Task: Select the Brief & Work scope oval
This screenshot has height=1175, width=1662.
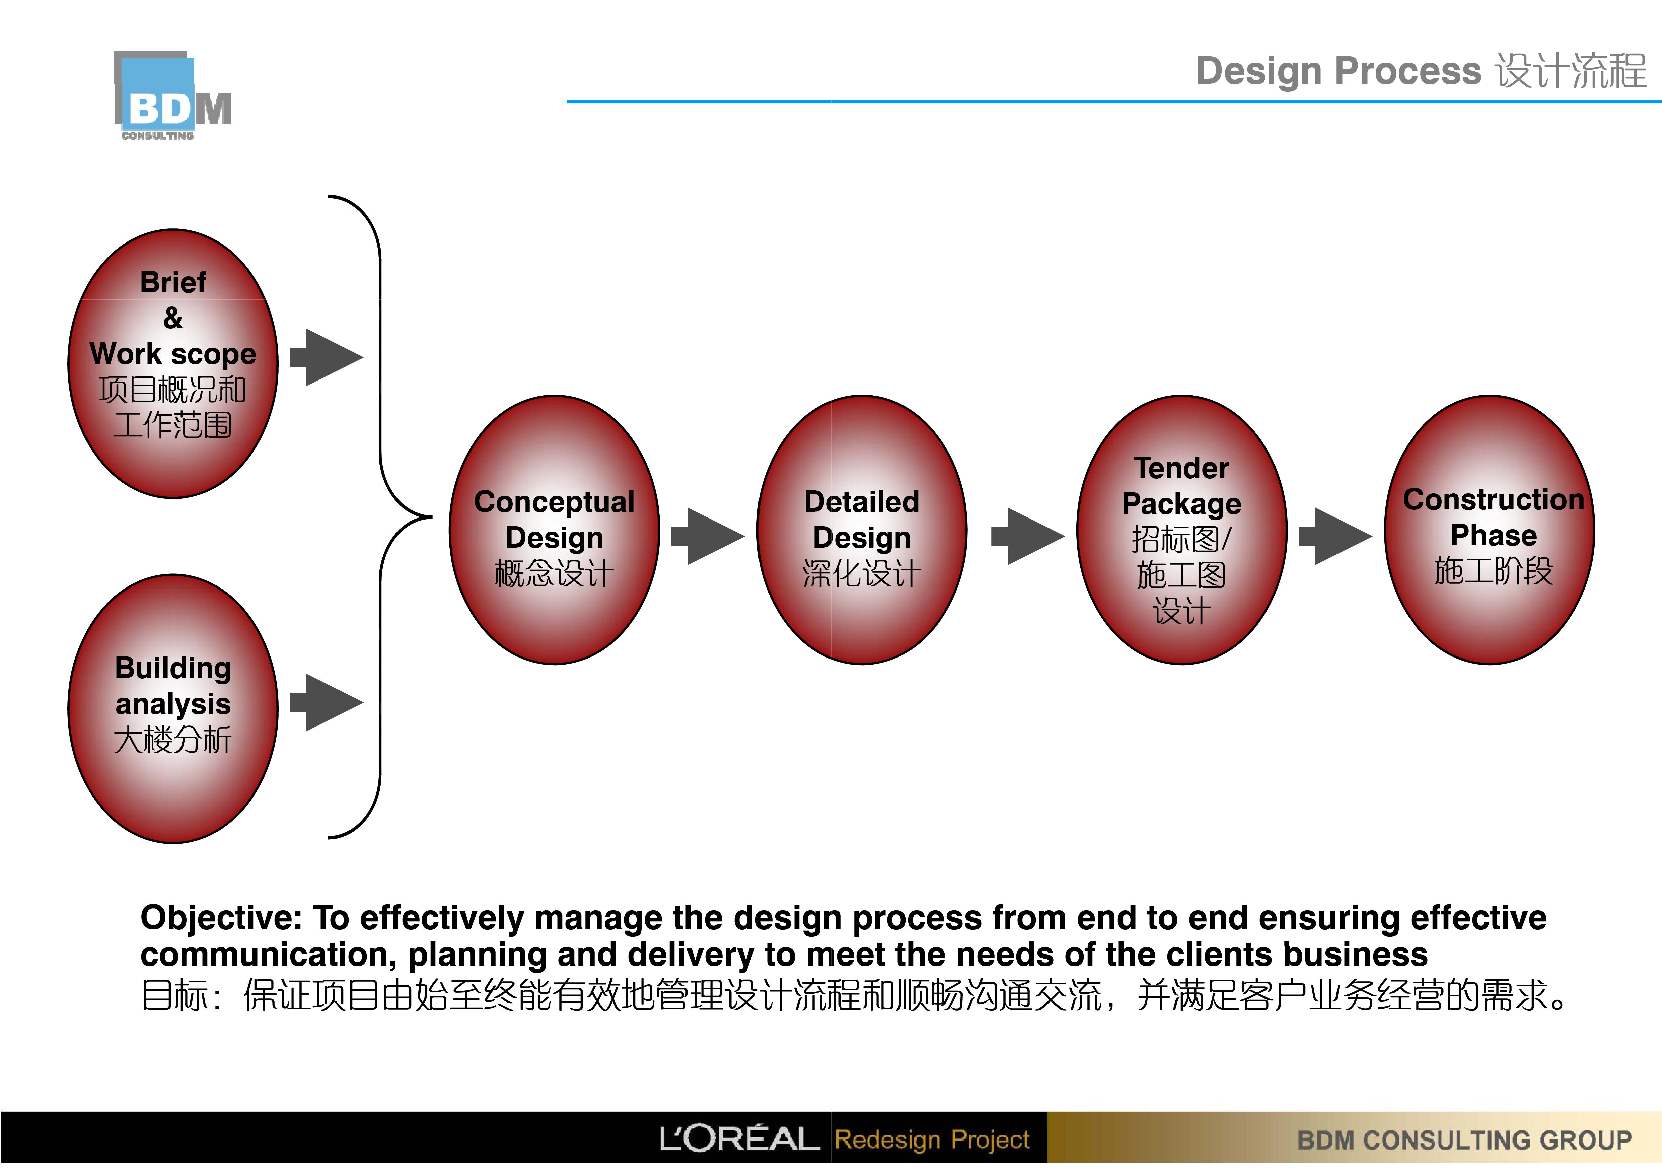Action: click(x=173, y=363)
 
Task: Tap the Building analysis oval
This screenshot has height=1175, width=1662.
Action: click(x=173, y=709)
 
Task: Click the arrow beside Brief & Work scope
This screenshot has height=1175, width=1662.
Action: click(x=327, y=357)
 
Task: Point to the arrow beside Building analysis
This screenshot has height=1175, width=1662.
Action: click(x=327, y=702)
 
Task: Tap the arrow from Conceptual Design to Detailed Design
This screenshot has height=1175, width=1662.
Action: click(x=708, y=537)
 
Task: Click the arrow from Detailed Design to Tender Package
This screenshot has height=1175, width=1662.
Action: click(x=1028, y=537)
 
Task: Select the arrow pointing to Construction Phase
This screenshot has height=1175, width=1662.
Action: click(x=1335, y=537)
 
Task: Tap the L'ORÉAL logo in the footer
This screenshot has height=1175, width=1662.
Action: click(x=739, y=1139)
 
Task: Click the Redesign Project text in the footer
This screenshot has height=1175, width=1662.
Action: click(x=932, y=1139)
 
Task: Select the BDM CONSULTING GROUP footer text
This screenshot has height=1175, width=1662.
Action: click(x=1464, y=1140)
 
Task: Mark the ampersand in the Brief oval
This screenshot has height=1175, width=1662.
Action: click(x=173, y=318)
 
